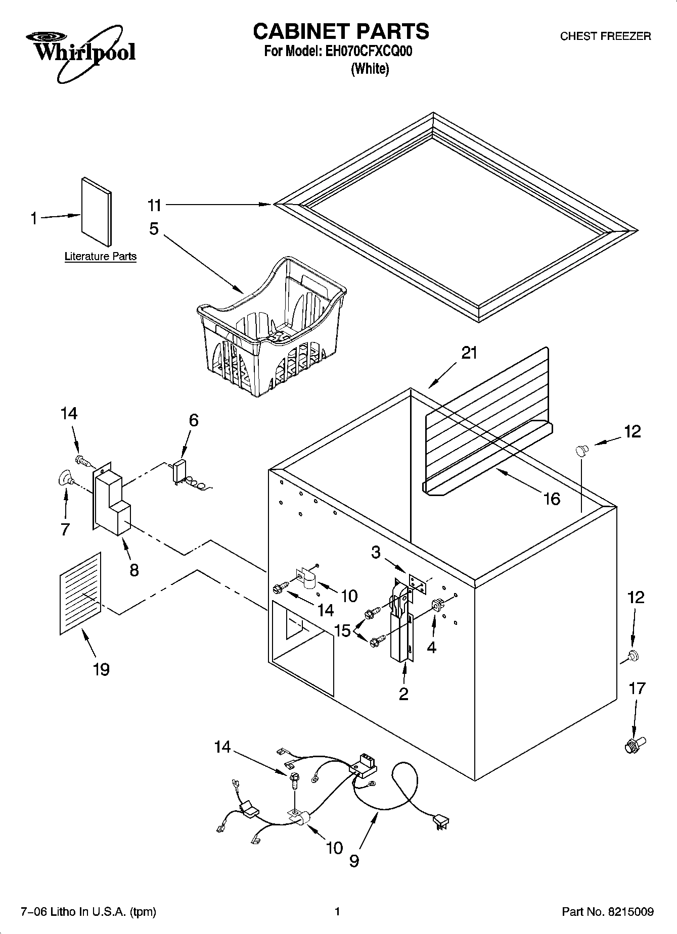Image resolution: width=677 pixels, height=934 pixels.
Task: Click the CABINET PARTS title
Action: [341, 31]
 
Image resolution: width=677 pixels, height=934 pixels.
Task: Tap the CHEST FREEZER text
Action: [605, 36]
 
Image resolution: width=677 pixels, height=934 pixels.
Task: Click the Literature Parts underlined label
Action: [100, 257]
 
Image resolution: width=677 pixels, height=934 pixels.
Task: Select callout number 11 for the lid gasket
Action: [154, 205]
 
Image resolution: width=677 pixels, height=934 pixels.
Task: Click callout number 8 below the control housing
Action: [134, 570]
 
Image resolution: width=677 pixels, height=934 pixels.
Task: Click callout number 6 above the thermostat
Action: [193, 420]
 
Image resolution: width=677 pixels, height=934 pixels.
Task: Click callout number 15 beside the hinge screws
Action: [343, 630]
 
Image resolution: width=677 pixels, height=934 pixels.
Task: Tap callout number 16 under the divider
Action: [552, 499]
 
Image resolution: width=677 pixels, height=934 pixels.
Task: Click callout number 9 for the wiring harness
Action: [354, 860]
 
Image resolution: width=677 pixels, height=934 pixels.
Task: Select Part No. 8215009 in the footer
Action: [607, 912]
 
